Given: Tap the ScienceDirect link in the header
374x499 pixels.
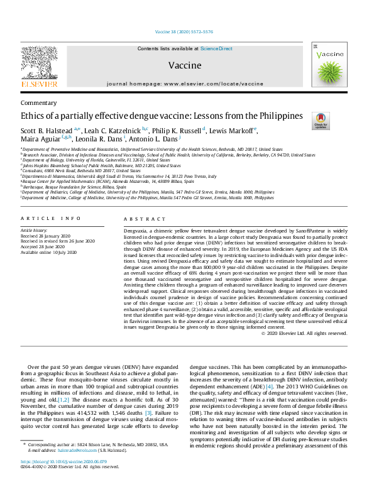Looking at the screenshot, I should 216,48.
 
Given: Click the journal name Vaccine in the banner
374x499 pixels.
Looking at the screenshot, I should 185,65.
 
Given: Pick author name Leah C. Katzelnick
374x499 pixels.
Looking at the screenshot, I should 109,130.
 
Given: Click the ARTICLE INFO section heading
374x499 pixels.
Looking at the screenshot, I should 51,218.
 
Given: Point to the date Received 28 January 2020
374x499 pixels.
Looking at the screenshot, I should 48,236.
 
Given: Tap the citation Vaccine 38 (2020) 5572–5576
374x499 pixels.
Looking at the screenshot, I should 187,32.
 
